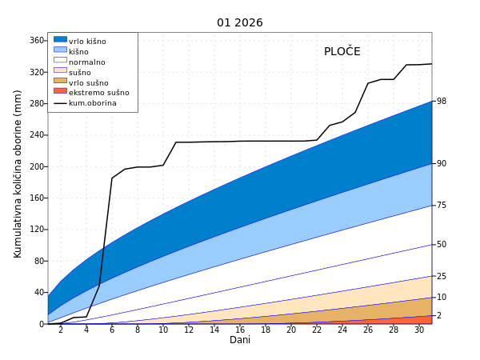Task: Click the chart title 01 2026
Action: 240,23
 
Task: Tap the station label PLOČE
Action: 342,52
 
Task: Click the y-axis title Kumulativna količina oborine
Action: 18,174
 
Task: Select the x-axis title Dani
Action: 240,340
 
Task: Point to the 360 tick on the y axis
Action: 37,41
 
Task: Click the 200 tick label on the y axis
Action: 37,166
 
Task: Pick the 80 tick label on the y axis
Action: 39,261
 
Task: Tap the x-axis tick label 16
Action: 240,330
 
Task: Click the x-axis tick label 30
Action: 419,330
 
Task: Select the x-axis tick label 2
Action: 61,330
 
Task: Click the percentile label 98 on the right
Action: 441,102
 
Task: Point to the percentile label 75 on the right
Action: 441,206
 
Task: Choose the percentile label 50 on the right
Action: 441,245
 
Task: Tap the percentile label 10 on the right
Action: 441,298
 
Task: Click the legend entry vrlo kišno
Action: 87,42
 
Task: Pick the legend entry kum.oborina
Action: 92,103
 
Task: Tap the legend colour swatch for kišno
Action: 60,50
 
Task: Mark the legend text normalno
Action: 86,62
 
